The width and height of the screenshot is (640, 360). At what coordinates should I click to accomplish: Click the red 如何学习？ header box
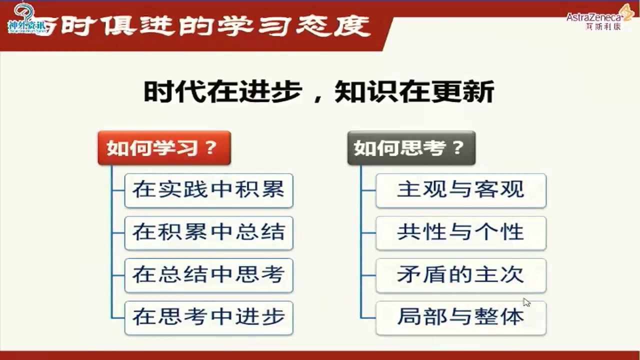coord(164,148)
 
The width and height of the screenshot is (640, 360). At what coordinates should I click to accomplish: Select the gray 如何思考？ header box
coord(411,148)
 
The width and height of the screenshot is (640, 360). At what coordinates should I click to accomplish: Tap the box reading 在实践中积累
coord(208,190)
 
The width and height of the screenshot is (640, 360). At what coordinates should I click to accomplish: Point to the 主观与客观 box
coord(460,190)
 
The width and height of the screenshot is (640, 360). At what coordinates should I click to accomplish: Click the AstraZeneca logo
coord(600,17)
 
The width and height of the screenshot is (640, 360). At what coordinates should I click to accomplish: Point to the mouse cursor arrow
coord(526,302)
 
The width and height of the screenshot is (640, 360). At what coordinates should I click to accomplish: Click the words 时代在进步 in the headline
coord(222,92)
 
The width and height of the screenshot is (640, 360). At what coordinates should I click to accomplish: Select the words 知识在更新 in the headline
coord(414,92)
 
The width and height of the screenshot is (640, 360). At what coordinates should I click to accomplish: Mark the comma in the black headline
coord(317,98)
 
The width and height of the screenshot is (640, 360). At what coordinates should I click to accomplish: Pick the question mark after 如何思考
coord(457,148)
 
